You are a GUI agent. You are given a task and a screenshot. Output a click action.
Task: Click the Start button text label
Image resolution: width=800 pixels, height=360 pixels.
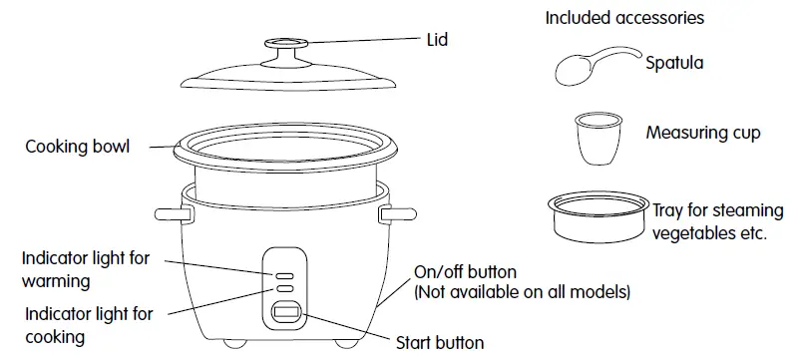click(440, 343)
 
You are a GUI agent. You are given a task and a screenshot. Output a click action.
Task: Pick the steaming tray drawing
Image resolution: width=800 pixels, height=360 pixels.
click(597, 216)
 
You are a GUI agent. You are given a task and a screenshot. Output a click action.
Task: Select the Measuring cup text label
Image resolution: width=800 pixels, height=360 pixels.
click(703, 133)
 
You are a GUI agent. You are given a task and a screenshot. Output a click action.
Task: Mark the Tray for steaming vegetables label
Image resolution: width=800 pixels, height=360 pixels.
click(709, 223)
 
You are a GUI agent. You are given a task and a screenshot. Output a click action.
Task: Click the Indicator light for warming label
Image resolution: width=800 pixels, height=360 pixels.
click(85, 269)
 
